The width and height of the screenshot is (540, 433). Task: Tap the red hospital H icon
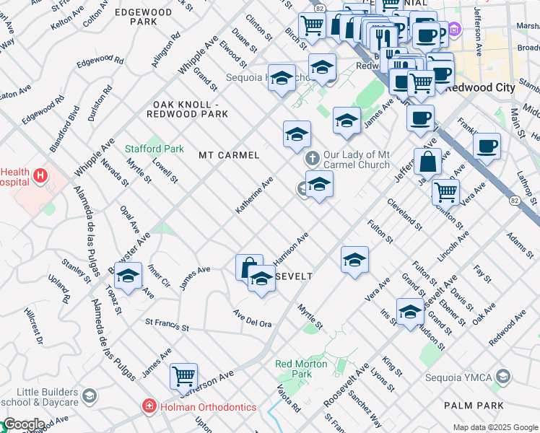point(40,175)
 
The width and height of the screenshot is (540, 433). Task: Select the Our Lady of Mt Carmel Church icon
point(313,158)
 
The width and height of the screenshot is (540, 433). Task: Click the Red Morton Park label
point(302,369)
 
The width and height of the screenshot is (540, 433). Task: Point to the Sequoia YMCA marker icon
point(504,376)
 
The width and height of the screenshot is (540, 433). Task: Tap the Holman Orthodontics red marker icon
point(149,407)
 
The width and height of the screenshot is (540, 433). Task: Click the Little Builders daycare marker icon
point(89,395)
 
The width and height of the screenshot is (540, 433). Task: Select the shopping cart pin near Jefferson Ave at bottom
point(184,376)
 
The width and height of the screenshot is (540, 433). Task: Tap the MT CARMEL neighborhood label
point(229,155)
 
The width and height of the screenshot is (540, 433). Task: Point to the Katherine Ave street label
point(254,195)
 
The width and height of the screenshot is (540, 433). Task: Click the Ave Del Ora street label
point(252,318)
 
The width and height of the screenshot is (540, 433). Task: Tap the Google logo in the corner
point(23,425)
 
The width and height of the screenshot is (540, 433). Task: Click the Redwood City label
point(480,87)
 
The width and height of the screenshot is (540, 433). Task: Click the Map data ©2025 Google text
point(495,427)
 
